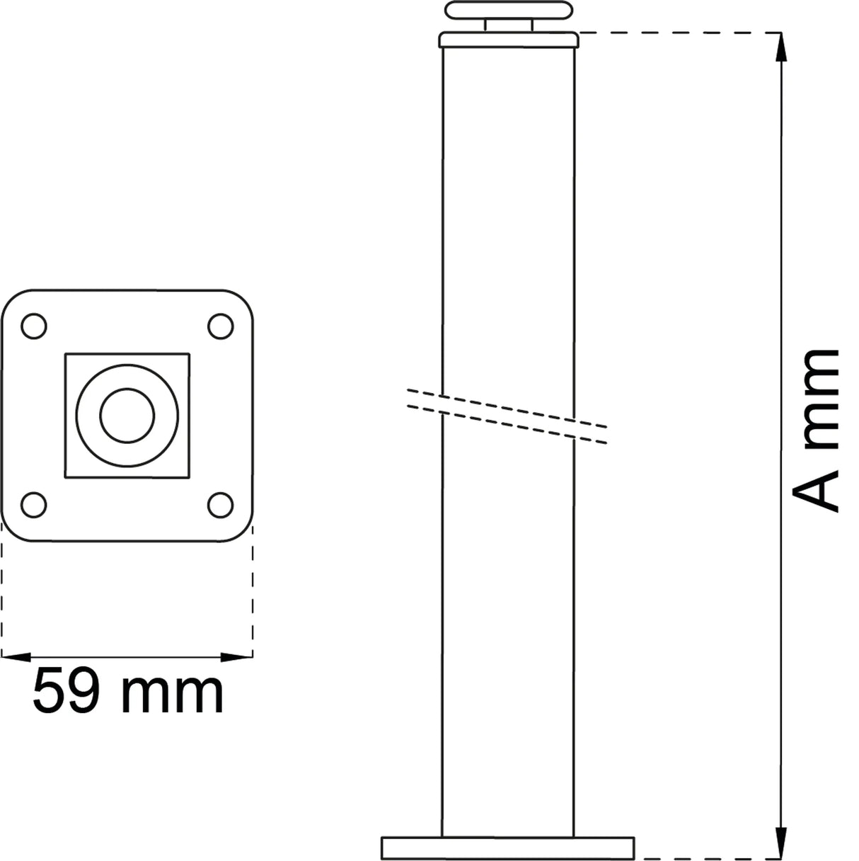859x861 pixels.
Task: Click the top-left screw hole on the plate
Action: pos(34,326)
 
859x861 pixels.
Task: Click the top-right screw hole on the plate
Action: pos(219,326)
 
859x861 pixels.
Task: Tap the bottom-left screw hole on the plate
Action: pos(34,505)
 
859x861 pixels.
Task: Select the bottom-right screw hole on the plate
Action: pos(219,505)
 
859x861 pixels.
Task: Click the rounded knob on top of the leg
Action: pos(507,11)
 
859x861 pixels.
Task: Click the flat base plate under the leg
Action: pos(507,848)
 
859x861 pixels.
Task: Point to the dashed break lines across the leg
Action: pos(507,417)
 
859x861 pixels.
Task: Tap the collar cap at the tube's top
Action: pos(507,40)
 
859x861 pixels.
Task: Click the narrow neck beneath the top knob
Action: pos(507,25)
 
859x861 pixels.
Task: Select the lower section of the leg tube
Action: pos(507,637)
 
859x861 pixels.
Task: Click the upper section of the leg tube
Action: pos(507,212)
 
